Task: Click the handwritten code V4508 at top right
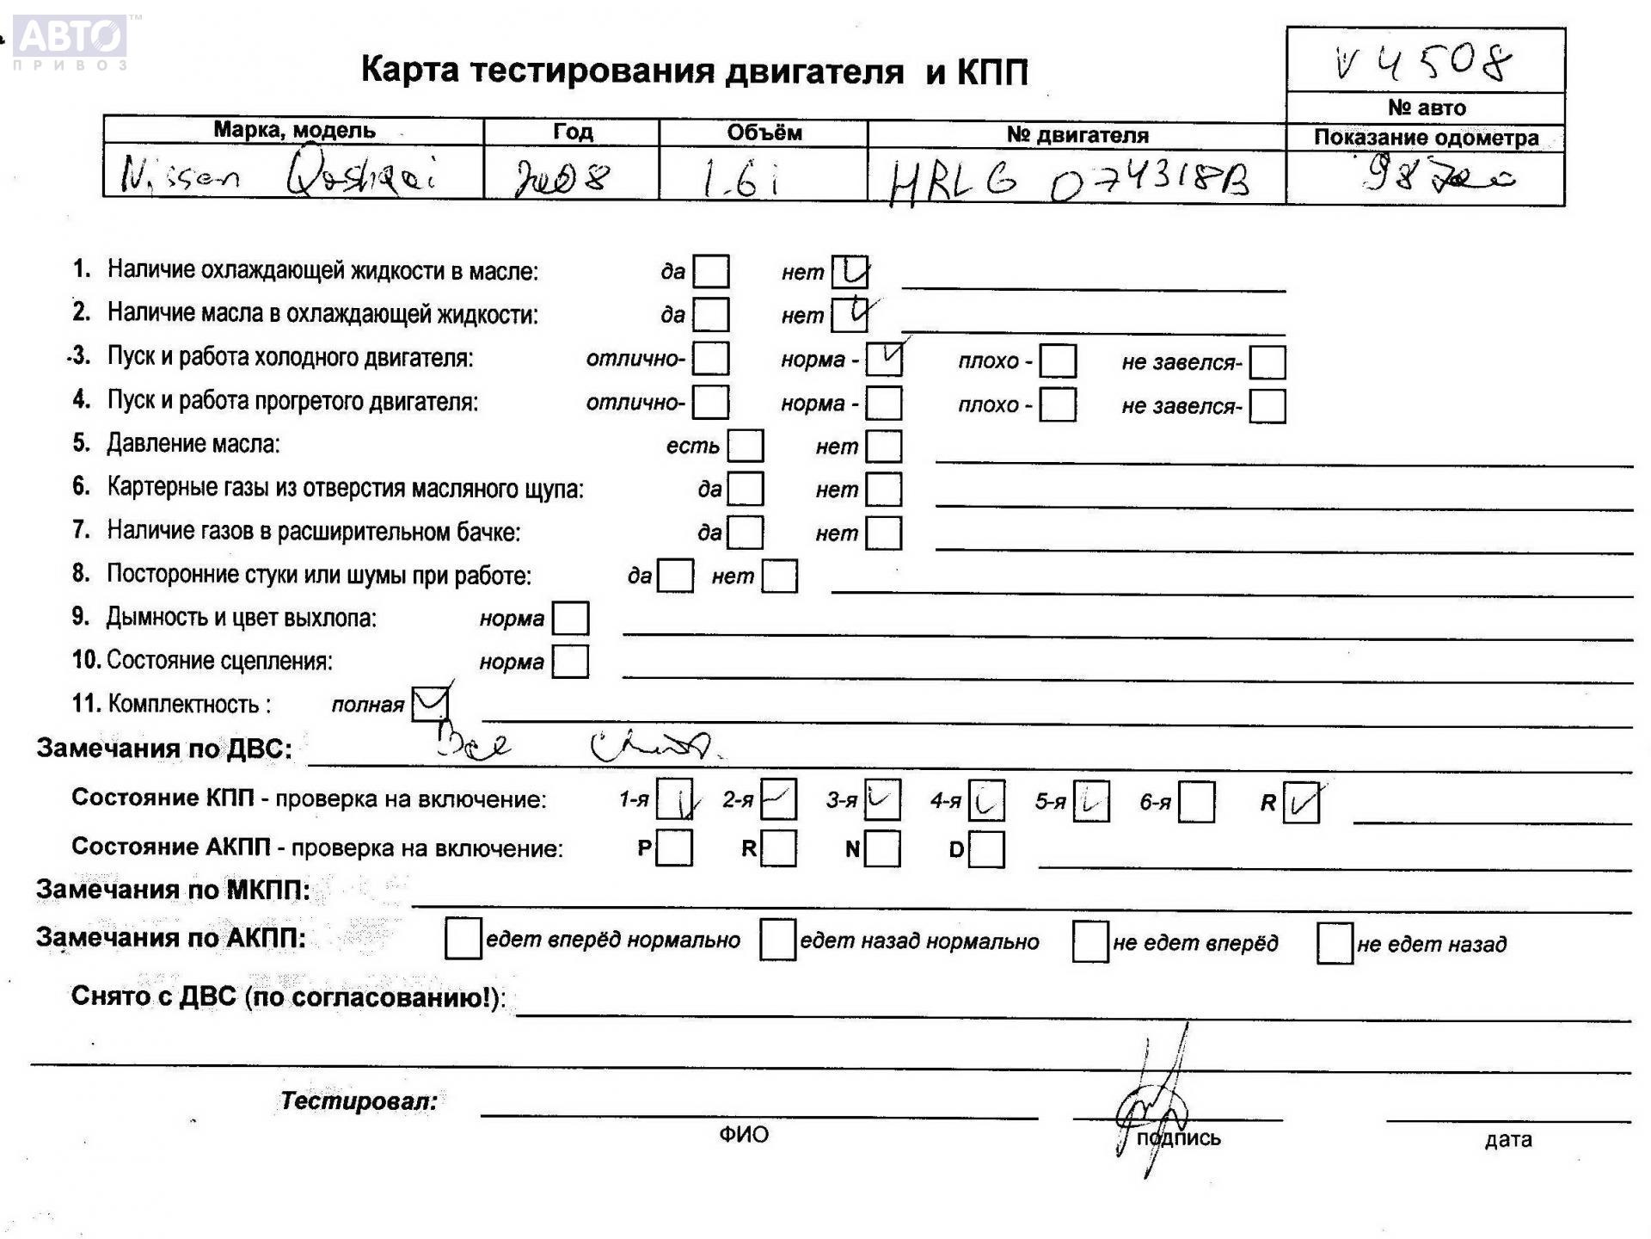pyautogui.click(x=1424, y=62)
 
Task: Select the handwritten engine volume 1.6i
pyautogui.click(x=740, y=178)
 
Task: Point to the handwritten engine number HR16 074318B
pyautogui.click(x=1069, y=182)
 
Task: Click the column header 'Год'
pyautogui.click(x=572, y=132)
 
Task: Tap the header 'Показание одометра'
pyautogui.click(x=1426, y=138)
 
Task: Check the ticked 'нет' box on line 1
pyautogui.click(x=850, y=272)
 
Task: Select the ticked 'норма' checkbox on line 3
pyautogui.click(x=884, y=359)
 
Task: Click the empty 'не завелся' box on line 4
pyautogui.click(x=1267, y=406)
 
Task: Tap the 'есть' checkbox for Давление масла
pyautogui.click(x=746, y=446)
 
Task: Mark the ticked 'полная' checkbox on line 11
pyautogui.click(x=430, y=704)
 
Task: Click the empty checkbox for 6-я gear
pyautogui.click(x=1197, y=802)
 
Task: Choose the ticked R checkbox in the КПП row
pyautogui.click(x=1301, y=803)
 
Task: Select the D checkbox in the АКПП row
pyautogui.click(x=986, y=850)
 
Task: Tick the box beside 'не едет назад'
pyautogui.click(x=1335, y=944)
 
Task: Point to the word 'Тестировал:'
pyautogui.click(x=359, y=1101)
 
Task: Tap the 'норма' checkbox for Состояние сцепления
pyautogui.click(x=570, y=662)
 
